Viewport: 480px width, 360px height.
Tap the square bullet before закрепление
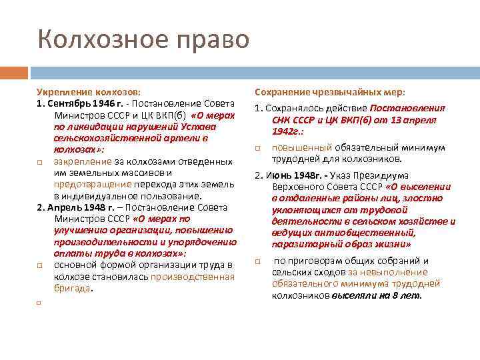[x=40, y=162]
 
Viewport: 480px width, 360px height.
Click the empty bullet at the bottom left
[x=40, y=303]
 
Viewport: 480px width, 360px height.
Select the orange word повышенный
[x=299, y=147]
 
